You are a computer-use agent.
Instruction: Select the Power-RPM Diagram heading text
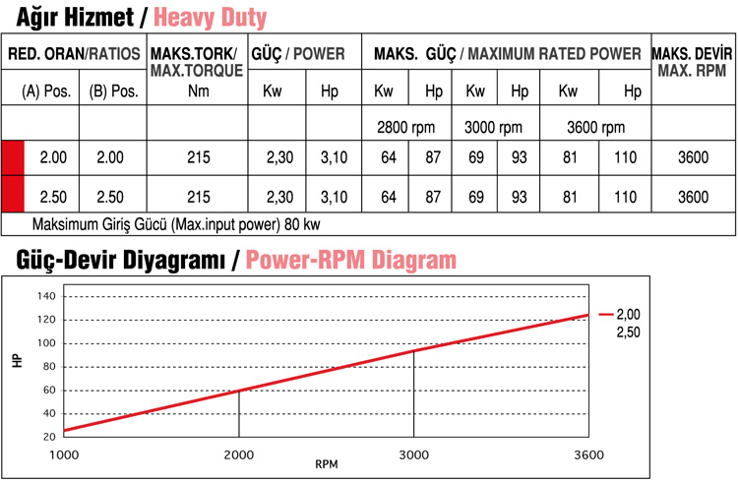[351, 260]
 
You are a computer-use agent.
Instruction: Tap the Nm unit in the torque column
[197, 91]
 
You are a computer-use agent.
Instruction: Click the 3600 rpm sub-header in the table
[595, 127]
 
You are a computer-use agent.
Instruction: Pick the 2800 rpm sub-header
[405, 127]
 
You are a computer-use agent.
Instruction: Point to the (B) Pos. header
[112, 91]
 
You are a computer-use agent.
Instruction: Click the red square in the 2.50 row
[13, 197]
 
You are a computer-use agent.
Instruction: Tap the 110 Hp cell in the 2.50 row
[626, 197]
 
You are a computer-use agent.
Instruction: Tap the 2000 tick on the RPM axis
[239, 453]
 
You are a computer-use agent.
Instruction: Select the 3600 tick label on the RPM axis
[587, 453]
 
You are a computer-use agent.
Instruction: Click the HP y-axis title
[17, 361]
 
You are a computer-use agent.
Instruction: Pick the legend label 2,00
[628, 315]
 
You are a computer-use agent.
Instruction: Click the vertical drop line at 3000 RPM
[414, 393]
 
